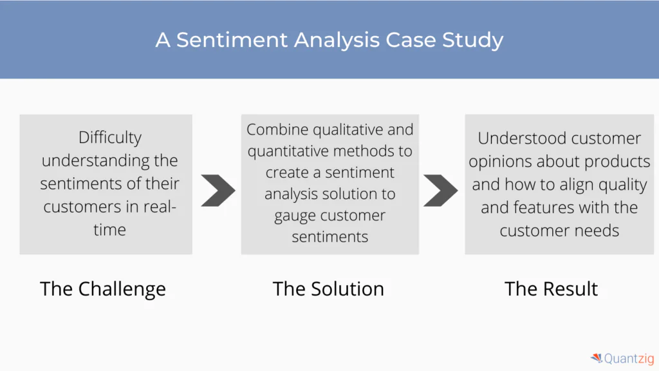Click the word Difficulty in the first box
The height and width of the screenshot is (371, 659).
109,137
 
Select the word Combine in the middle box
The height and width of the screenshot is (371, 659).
277,129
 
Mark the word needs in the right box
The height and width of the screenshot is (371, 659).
598,231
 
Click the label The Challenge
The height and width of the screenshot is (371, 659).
103,289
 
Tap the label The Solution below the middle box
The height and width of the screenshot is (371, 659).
328,289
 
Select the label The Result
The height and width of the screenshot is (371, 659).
552,289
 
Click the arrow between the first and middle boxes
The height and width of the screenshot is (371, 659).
218,189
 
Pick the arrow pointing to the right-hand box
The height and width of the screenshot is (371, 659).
440,189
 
